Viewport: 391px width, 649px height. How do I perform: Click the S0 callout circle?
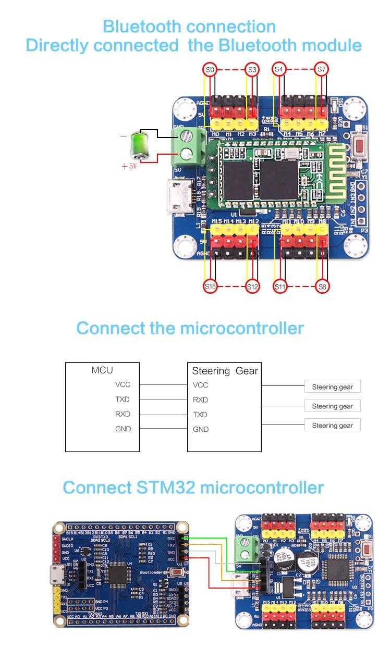(210, 69)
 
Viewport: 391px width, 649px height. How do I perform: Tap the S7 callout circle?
(322, 69)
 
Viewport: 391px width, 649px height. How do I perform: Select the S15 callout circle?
(210, 286)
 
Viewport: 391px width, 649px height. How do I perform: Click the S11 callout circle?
(280, 286)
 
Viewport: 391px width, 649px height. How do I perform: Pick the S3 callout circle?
(252, 69)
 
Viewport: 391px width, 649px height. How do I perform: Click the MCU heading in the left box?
(102, 370)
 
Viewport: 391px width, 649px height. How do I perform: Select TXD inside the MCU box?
(123, 400)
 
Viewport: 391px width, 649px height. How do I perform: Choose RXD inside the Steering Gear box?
(200, 400)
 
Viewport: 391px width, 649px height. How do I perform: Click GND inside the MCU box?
(123, 429)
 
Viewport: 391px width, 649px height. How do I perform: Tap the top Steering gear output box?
(332, 387)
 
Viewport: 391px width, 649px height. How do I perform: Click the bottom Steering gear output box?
(332, 426)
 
